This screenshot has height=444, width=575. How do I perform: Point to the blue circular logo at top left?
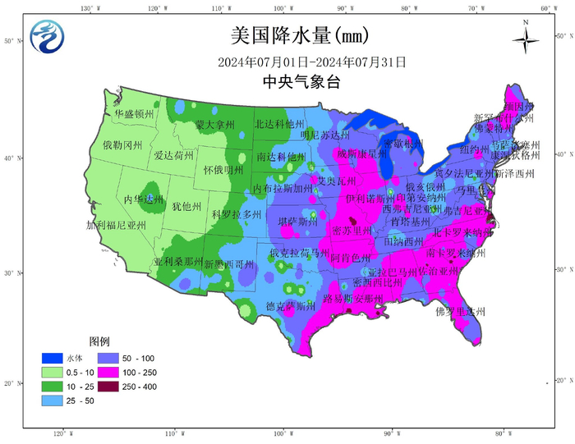point(46,35)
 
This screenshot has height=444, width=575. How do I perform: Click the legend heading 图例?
point(100,341)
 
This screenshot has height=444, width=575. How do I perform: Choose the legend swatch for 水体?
point(53,358)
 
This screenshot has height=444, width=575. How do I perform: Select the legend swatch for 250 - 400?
point(108,386)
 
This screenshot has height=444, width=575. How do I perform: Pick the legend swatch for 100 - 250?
point(108,372)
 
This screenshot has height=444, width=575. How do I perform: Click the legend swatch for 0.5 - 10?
point(53,372)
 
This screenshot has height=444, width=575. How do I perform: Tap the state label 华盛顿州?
point(134,114)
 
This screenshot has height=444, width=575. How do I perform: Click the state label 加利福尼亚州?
point(116,225)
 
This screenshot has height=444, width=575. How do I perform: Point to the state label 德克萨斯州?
point(291,305)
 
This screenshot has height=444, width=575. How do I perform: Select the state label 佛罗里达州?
point(461,311)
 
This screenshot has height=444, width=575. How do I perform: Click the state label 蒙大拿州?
point(214,125)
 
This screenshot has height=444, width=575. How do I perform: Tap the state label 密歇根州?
point(404,144)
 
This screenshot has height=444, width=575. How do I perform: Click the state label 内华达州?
point(144,199)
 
